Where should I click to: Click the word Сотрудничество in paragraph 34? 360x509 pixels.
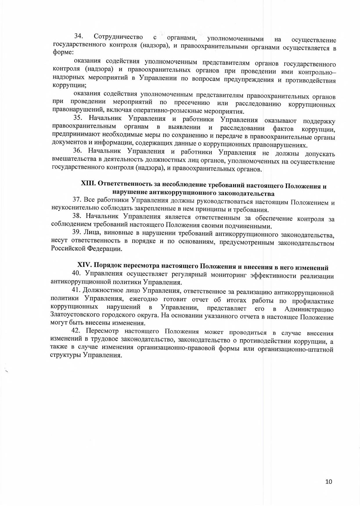pyautogui.click(x=118, y=37)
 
